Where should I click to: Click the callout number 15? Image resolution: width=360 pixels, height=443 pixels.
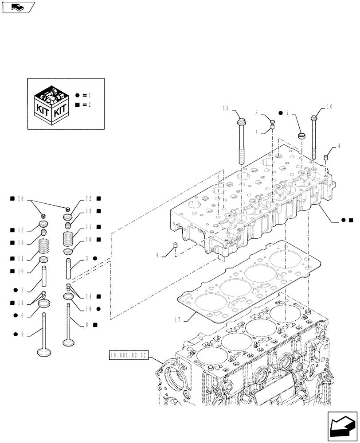(226, 108)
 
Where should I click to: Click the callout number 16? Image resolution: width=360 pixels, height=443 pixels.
(329, 107)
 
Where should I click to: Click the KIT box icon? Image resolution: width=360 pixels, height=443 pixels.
(52, 105)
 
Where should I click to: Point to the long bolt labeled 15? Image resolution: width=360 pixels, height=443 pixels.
(242, 142)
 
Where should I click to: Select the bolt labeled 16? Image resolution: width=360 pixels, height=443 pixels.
(315, 137)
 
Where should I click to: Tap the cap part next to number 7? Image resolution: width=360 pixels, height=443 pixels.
(301, 135)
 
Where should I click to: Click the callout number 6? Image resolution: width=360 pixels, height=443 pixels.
(22, 315)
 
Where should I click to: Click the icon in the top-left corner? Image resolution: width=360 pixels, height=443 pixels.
(18, 7)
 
